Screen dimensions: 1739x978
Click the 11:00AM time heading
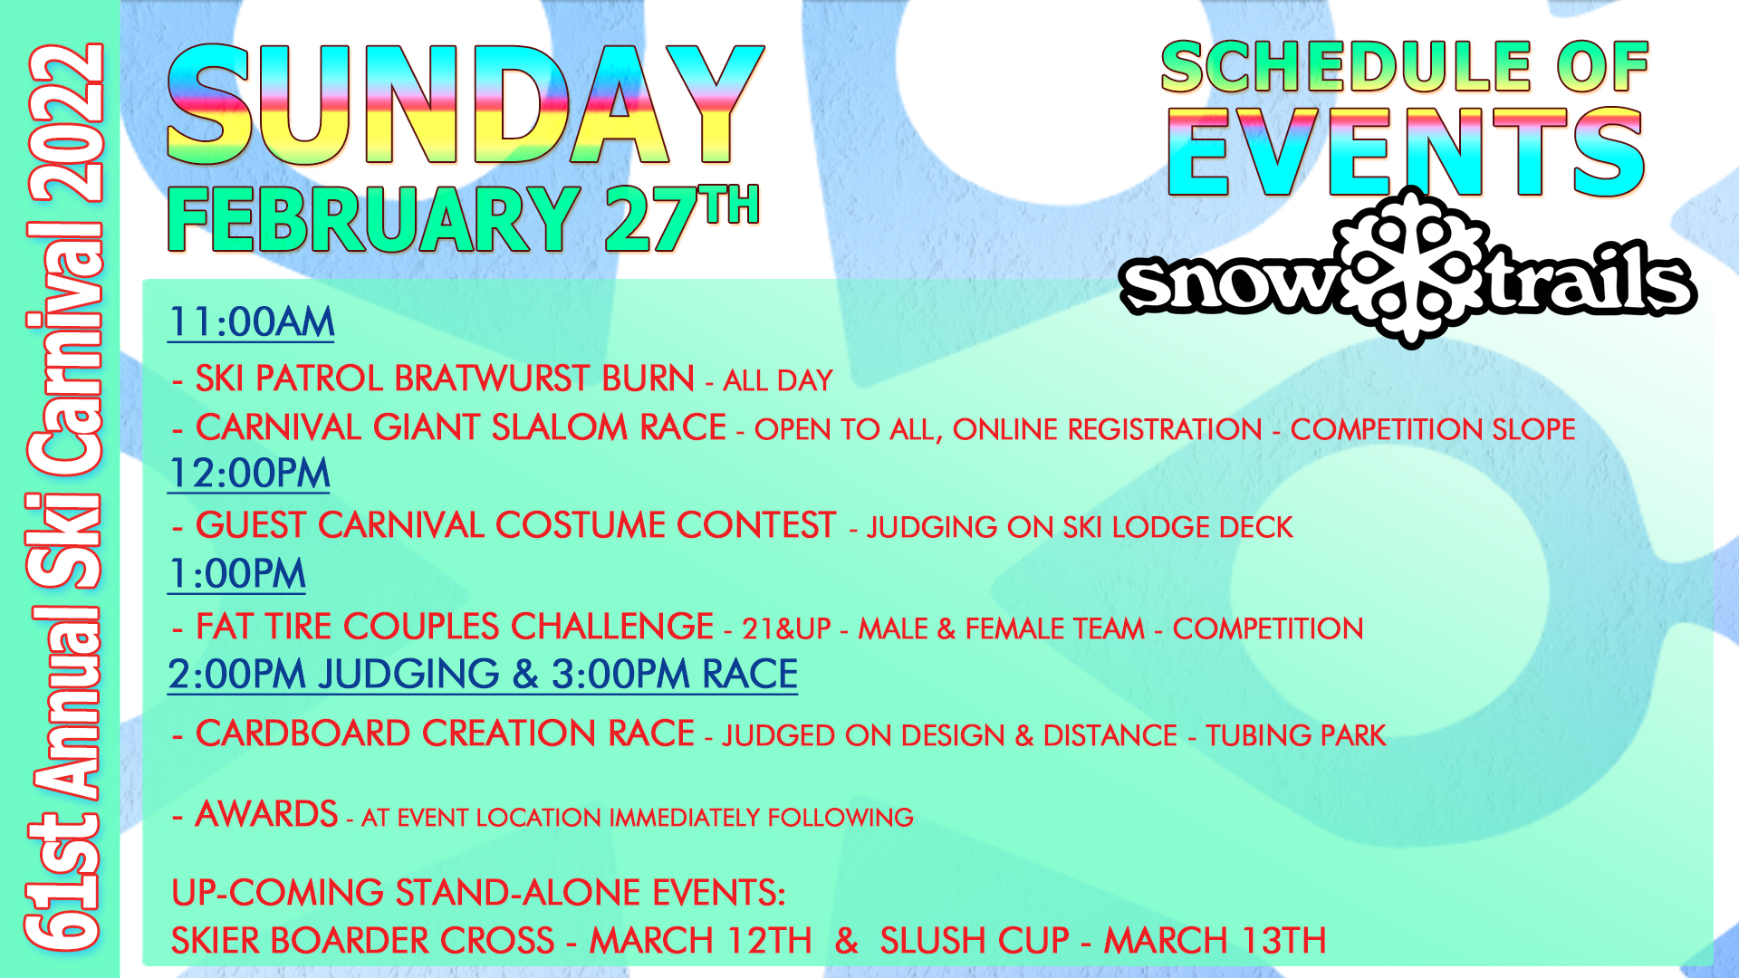click(x=251, y=322)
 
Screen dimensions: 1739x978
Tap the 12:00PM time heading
click(x=249, y=474)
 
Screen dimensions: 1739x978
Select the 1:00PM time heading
click(x=237, y=574)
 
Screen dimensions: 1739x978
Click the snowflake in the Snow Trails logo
click(x=1410, y=268)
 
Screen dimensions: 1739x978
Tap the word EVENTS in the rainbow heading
click(x=1405, y=152)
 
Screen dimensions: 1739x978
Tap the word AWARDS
click(x=266, y=814)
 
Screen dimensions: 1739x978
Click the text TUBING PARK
click(x=1296, y=735)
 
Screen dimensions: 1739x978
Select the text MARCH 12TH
click(x=701, y=941)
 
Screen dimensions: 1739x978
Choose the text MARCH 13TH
click(x=1215, y=941)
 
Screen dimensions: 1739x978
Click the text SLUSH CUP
click(x=975, y=941)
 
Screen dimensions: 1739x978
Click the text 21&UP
click(x=786, y=628)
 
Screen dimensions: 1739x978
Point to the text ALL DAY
click(x=778, y=380)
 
